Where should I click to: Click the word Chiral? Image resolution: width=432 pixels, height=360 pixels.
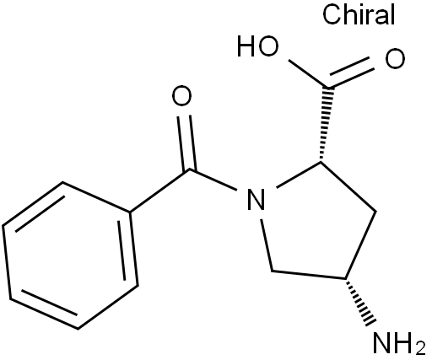pos(359,14)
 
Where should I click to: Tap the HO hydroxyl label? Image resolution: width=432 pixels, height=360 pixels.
pos(258,46)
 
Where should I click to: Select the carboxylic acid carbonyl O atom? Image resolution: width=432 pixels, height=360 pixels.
pos(395,59)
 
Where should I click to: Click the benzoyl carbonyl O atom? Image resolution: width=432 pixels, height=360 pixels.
pos(181,95)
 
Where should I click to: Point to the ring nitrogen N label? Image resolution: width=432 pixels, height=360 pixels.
pos(256,199)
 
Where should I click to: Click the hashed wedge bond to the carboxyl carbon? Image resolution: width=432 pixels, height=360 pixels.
pos(325,125)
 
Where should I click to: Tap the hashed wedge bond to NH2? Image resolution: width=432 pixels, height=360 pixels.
pos(360,303)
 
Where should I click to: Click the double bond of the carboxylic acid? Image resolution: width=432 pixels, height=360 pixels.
pos(350,73)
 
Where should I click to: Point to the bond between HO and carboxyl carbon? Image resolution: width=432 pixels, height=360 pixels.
pos(307,73)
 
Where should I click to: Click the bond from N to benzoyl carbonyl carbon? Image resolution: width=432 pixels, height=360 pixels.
pos(213,180)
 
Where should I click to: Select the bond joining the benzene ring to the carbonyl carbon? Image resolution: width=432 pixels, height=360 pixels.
pos(159,191)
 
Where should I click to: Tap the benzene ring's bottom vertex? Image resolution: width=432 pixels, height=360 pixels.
pos(78,329)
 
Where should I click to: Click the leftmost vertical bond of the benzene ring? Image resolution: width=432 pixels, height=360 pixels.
pos(7,262)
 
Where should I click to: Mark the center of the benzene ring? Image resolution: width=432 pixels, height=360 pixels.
pos(70,255)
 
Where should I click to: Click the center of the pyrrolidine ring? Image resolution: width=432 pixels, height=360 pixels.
pos(315,225)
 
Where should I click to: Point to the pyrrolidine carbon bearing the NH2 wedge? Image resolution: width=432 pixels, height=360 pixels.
pos(346,279)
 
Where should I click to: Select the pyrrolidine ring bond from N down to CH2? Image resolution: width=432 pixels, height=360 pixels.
pos(267,245)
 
